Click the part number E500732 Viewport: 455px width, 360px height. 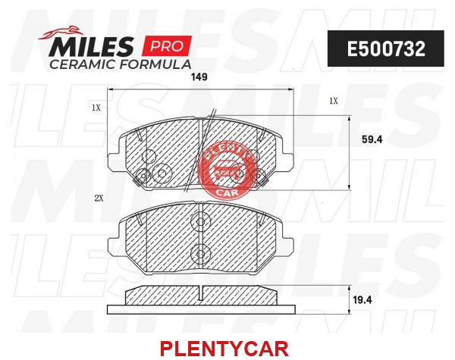(x=386, y=49)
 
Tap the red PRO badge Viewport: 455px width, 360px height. (x=166, y=45)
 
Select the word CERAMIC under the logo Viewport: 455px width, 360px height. (x=82, y=64)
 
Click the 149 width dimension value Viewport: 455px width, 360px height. (x=199, y=77)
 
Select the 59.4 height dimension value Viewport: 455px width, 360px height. (x=372, y=139)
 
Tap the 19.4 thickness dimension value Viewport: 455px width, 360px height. (x=362, y=300)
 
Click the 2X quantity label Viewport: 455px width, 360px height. (x=99, y=198)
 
